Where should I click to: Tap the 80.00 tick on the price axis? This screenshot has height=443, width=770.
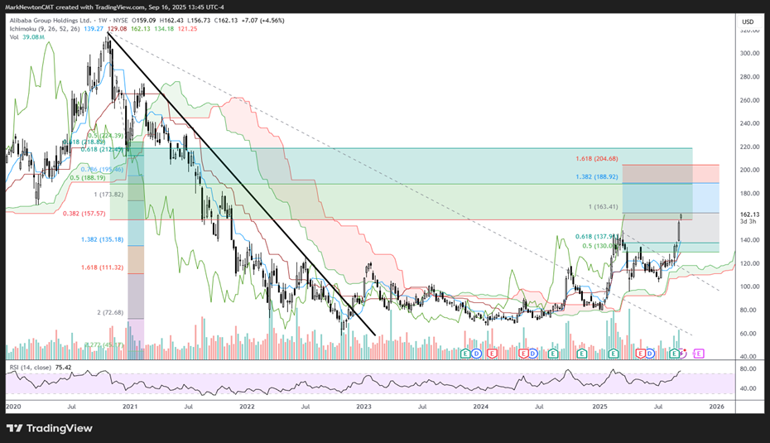point(747,310)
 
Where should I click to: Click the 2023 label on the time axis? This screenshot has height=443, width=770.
point(364,407)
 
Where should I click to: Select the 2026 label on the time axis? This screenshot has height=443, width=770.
point(716,407)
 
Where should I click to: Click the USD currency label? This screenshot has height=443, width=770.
point(747,21)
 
